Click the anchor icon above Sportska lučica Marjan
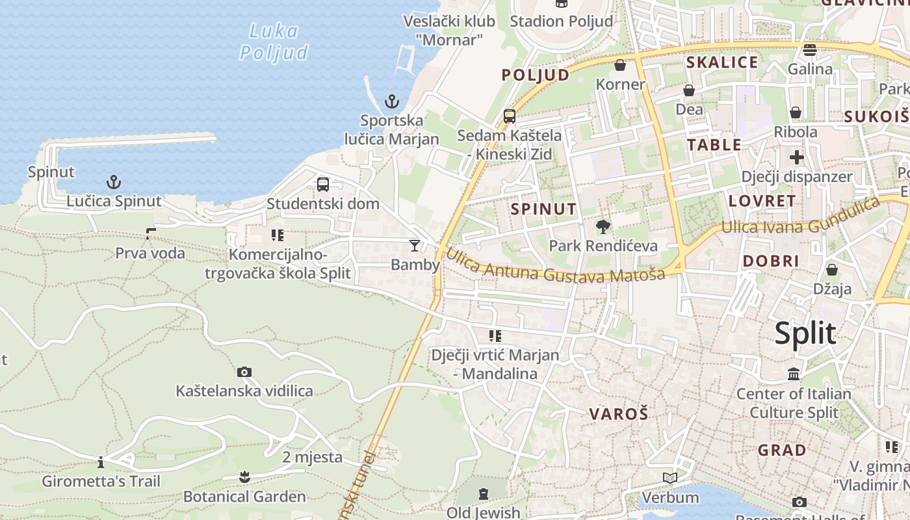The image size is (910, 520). pyautogui.click(x=391, y=101)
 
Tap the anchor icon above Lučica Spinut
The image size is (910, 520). pyautogui.click(x=114, y=182)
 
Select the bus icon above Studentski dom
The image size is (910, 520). pyautogui.click(x=323, y=185)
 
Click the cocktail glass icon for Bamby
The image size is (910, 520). pyautogui.click(x=415, y=245)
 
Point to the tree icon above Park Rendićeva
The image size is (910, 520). pyautogui.click(x=603, y=227)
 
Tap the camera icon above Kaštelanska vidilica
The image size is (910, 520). pyautogui.click(x=244, y=372)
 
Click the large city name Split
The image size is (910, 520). pyautogui.click(x=805, y=333)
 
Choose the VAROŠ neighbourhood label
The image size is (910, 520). pyautogui.click(x=619, y=413)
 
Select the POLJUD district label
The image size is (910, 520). pyautogui.click(x=535, y=75)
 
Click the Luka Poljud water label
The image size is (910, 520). pyautogui.click(x=274, y=42)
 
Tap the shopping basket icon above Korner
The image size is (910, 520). pyautogui.click(x=620, y=65)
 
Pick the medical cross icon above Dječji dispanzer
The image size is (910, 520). pyautogui.click(x=797, y=157)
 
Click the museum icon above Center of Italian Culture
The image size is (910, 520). pyautogui.click(x=794, y=374)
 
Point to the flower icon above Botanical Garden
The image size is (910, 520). pyautogui.click(x=244, y=477)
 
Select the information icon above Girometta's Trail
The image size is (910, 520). pyautogui.click(x=101, y=463)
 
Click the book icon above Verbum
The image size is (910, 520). pyautogui.click(x=670, y=478)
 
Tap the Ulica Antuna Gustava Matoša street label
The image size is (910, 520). pyautogui.click(x=556, y=267)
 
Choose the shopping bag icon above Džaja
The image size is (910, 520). pyautogui.click(x=832, y=270)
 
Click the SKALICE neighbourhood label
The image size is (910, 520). pyautogui.click(x=722, y=62)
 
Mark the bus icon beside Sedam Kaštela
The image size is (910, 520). pyautogui.click(x=510, y=116)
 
